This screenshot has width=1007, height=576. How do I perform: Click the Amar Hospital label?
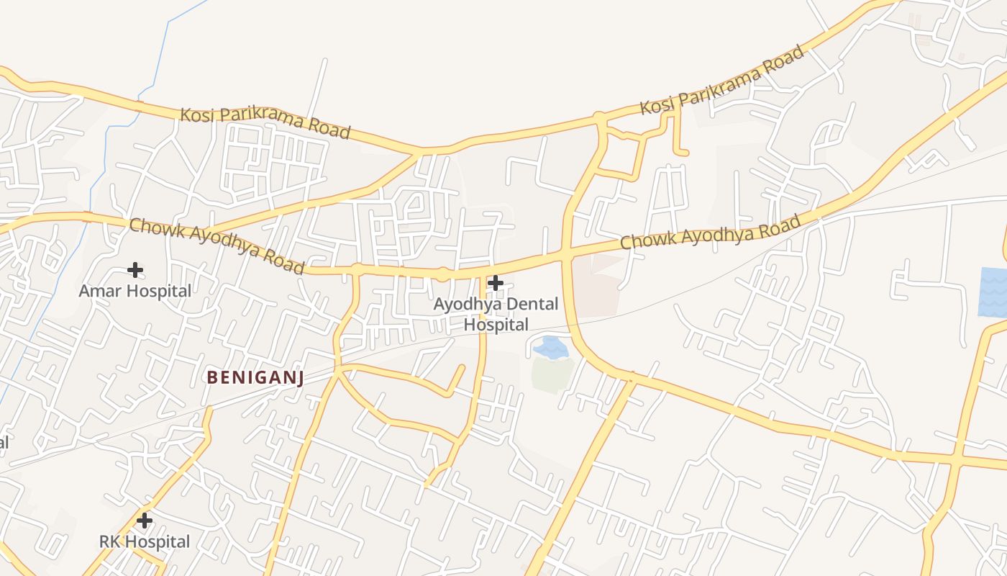click(x=135, y=291)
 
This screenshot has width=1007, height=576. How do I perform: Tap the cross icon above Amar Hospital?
click(x=135, y=270)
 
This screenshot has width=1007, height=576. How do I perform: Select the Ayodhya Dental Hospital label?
click(x=496, y=315)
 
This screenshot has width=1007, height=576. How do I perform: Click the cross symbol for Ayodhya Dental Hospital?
click(x=496, y=283)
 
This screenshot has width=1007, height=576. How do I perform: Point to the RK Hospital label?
click(x=145, y=541)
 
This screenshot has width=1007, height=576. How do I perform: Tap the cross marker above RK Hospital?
click(x=145, y=520)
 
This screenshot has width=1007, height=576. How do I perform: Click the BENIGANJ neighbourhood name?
click(x=255, y=377)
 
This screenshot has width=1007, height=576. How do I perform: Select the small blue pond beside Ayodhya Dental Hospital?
click(x=550, y=347)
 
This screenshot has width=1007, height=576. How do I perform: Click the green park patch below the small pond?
click(x=552, y=375)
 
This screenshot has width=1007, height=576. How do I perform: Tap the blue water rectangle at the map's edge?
click(x=993, y=292)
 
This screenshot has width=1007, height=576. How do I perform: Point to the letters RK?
click(x=109, y=541)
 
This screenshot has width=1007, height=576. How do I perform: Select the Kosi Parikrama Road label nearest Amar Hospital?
click(x=265, y=122)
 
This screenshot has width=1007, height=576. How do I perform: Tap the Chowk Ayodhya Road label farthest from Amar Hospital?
click(x=710, y=233)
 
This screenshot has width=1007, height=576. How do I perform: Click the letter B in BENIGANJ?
click(x=212, y=377)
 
